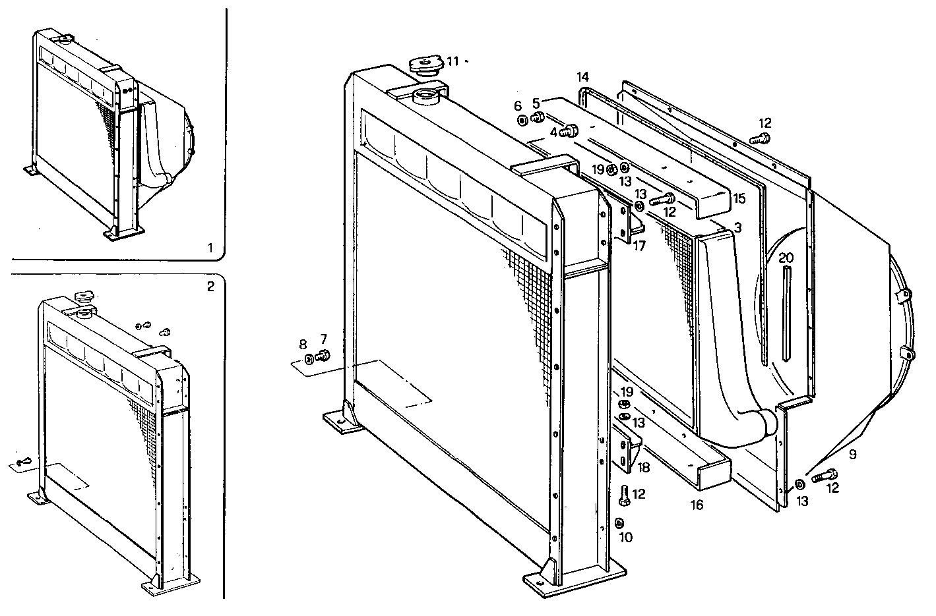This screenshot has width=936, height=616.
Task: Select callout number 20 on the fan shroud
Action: tap(786, 258)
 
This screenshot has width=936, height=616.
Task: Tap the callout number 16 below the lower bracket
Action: tap(697, 505)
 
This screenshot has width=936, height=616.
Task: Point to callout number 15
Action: tap(739, 198)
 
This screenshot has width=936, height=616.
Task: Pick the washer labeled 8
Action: tap(309, 359)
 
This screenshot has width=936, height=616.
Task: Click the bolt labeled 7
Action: tap(323, 356)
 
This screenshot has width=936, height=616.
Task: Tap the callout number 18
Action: tap(644, 467)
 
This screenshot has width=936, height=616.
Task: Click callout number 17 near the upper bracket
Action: tap(637, 247)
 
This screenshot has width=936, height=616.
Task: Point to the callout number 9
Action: tap(852, 454)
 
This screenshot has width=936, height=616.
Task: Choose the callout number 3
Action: tap(737, 227)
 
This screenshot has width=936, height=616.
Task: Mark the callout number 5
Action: tap(536, 103)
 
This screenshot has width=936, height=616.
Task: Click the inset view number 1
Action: tap(210, 248)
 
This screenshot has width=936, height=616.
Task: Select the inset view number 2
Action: tap(210, 286)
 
